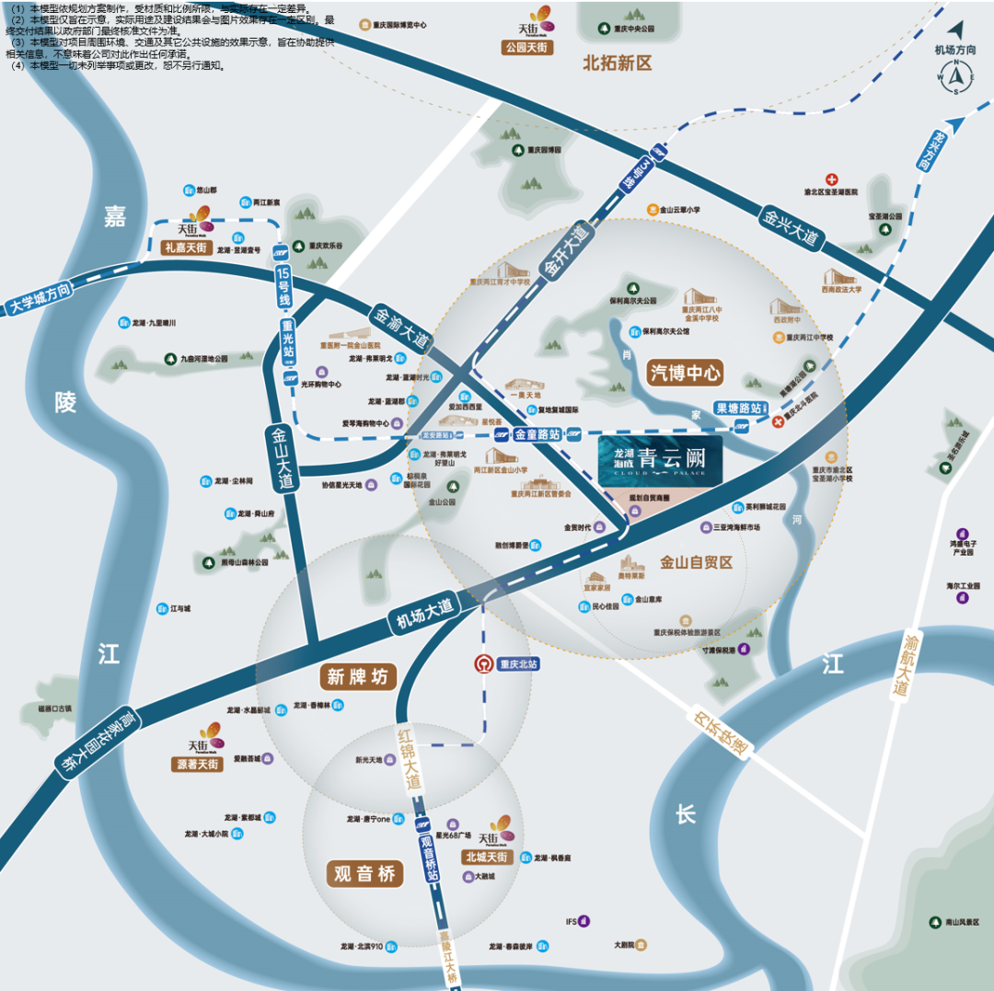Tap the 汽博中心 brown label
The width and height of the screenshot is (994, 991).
686,374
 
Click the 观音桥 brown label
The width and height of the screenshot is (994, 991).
365,873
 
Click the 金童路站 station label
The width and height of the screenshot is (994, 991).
537,434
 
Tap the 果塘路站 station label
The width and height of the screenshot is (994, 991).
738,408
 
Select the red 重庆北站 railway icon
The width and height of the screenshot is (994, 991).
481,663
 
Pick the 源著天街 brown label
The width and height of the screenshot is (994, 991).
196,764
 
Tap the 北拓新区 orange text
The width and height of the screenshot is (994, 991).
617,63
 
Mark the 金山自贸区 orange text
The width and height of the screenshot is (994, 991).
696,561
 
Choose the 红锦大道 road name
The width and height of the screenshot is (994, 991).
408,757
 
